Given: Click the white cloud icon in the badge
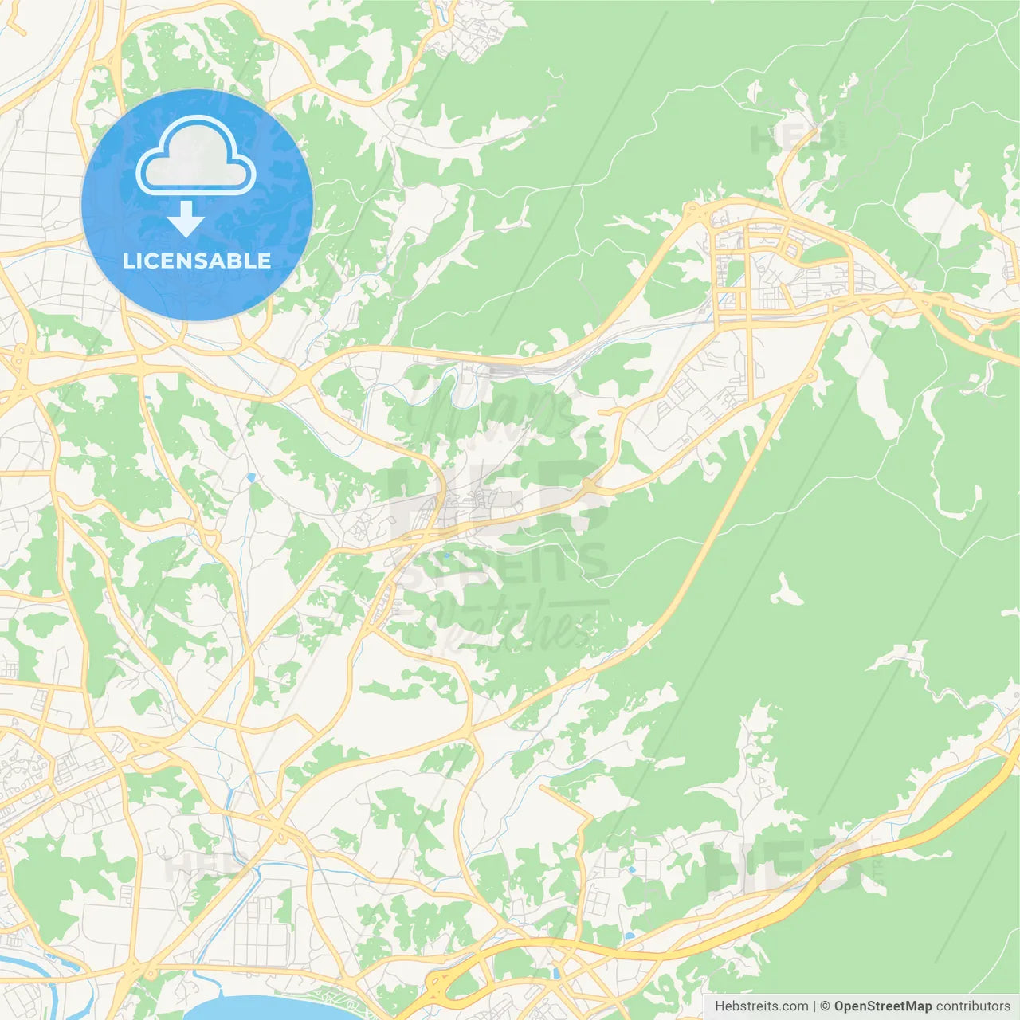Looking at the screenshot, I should point(195,156).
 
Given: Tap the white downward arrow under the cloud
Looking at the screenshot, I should point(186,219).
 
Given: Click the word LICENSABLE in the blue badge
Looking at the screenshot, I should point(197,261).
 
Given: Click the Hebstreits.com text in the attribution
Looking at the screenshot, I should point(761,1006).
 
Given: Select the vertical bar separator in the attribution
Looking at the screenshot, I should point(814,1006).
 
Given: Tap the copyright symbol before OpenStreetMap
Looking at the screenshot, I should point(825,1006).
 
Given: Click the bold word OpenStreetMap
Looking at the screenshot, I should point(882,1006).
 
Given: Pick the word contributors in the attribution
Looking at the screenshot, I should point(973,1006).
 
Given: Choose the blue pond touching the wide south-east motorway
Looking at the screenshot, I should point(630,935).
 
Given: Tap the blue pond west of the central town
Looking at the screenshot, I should point(251,477).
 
